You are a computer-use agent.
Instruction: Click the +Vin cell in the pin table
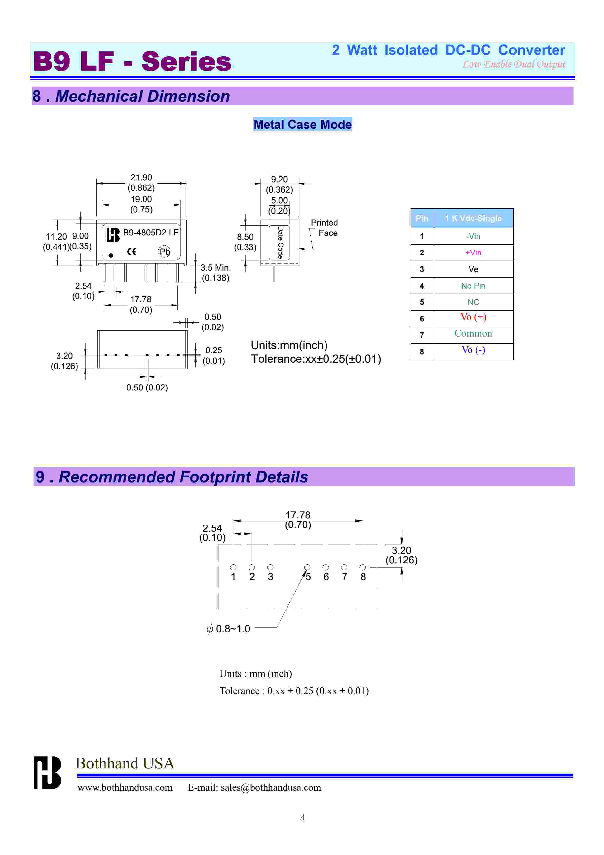tap(473, 253)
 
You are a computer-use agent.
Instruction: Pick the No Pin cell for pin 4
tap(473, 286)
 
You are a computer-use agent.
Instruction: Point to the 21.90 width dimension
tap(141, 178)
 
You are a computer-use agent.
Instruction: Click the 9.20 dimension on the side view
tap(279, 179)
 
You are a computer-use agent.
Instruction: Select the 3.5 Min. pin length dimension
tap(215, 268)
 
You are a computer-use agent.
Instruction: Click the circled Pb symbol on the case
tap(164, 252)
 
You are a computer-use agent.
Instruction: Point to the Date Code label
tap(280, 243)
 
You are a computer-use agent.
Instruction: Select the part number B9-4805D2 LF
tap(151, 232)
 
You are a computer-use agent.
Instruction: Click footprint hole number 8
tap(363, 567)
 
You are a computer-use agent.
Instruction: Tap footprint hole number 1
tap(233, 567)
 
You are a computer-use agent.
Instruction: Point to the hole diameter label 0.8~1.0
tap(229, 629)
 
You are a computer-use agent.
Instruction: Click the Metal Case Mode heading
tap(303, 124)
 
